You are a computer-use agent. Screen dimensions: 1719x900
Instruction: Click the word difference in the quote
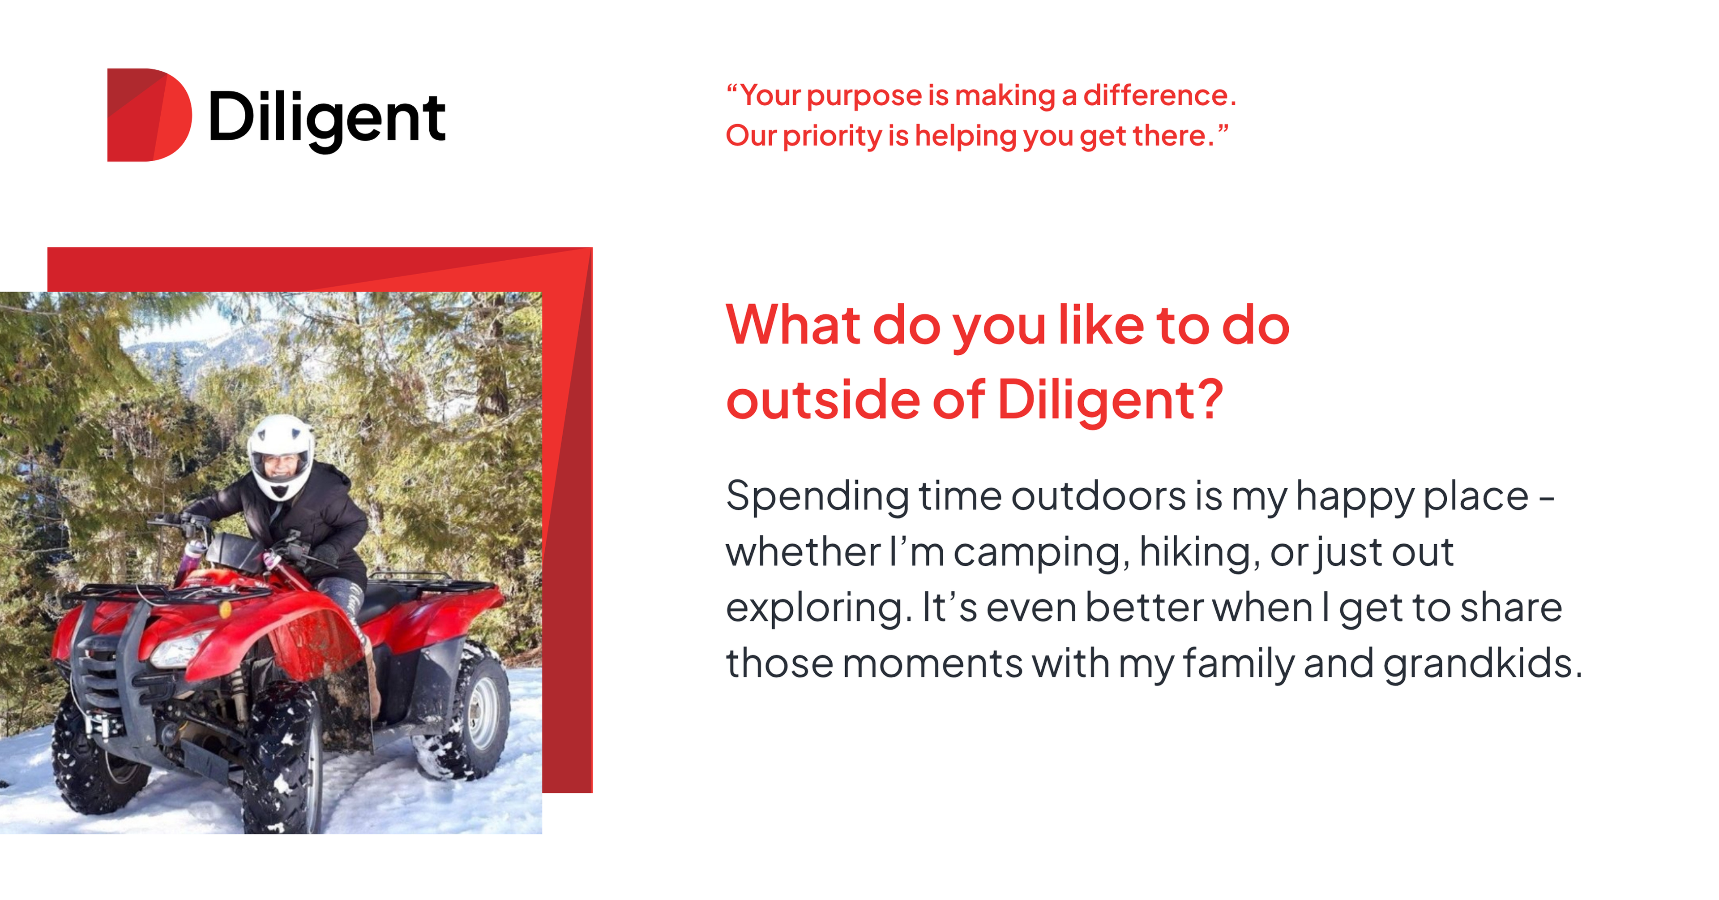(x=1159, y=95)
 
